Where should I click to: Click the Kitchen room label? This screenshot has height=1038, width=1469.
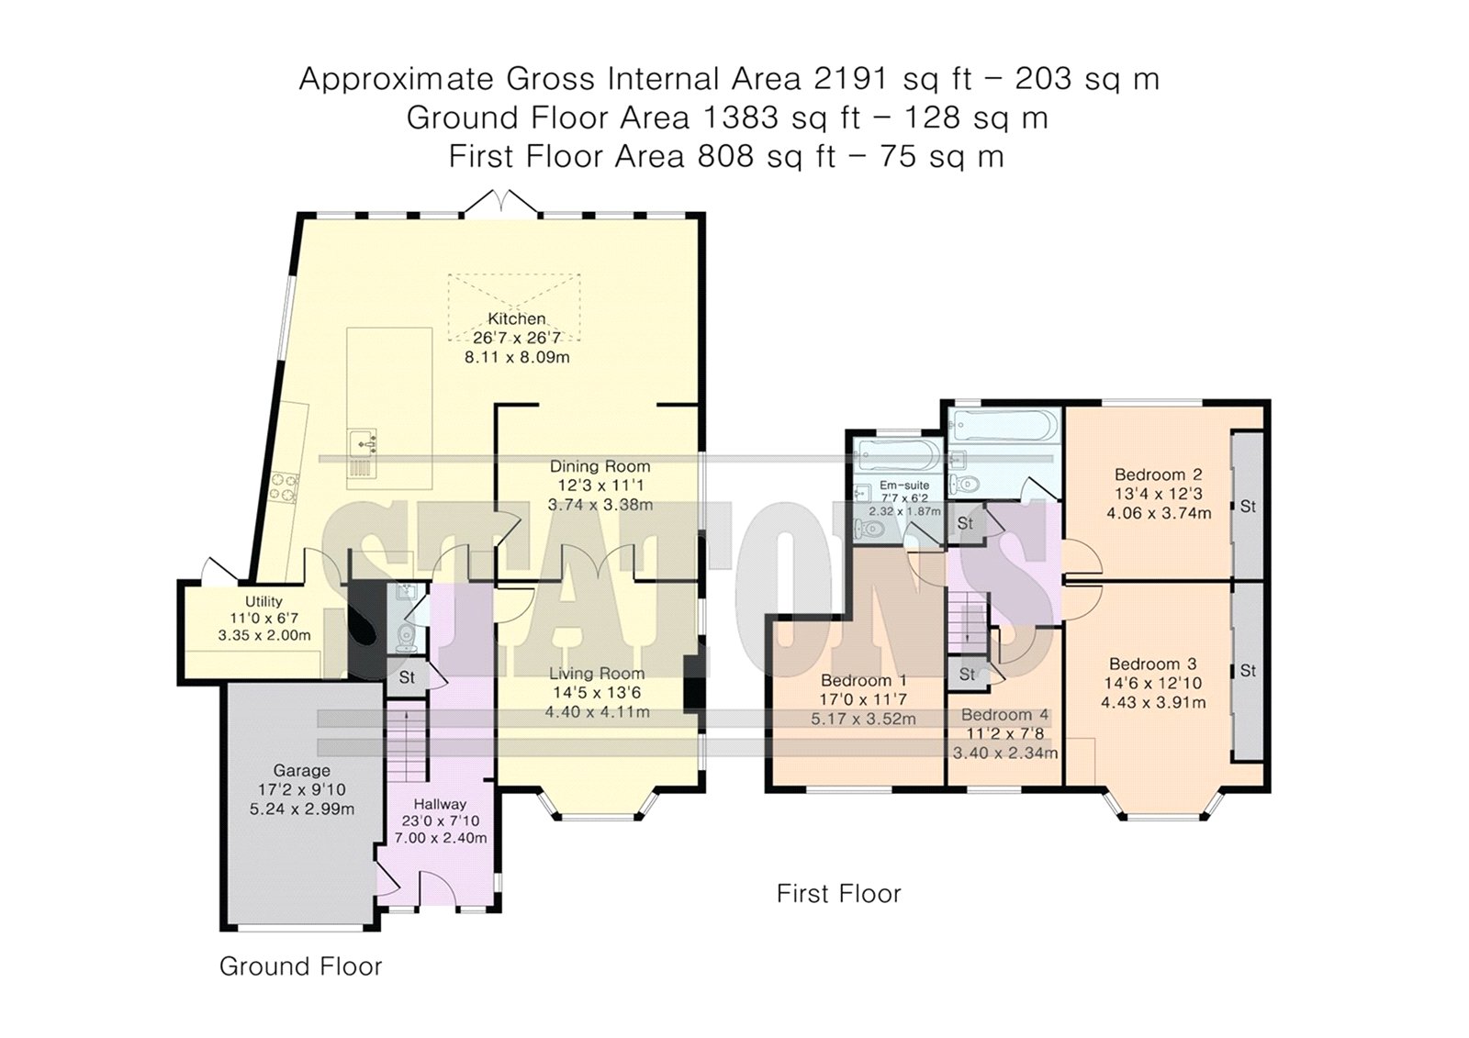(x=516, y=318)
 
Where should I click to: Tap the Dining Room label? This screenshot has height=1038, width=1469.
(x=600, y=466)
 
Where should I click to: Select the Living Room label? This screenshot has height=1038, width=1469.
(x=597, y=674)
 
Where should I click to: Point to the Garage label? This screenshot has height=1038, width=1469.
(x=302, y=770)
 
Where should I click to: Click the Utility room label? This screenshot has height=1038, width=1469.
(x=264, y=601)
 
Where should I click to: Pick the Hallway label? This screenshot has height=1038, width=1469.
(x=440, y=804)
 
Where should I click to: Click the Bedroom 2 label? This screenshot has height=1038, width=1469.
(x=1159, y=474)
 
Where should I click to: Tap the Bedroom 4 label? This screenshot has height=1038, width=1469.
(x=1005, y=715)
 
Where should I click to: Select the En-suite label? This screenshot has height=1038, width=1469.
(x=904, y=486)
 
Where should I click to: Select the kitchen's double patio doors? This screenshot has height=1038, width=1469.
(x=501, y=202)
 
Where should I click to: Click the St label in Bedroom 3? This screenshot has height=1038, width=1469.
(x=1248, y=671)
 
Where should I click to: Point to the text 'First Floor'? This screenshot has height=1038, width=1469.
(x=839, y=894)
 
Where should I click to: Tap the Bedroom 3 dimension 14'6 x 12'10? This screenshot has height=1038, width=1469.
(x=1153, y=683)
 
